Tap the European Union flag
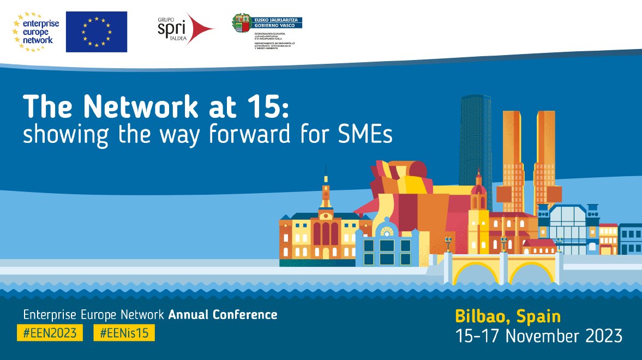pos(97,32)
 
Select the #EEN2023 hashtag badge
pos(50,332)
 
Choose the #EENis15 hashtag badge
pos(124,332)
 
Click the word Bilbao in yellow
pos(482,316)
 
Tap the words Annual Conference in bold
pos(223,315)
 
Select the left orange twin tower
pos(513,158)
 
